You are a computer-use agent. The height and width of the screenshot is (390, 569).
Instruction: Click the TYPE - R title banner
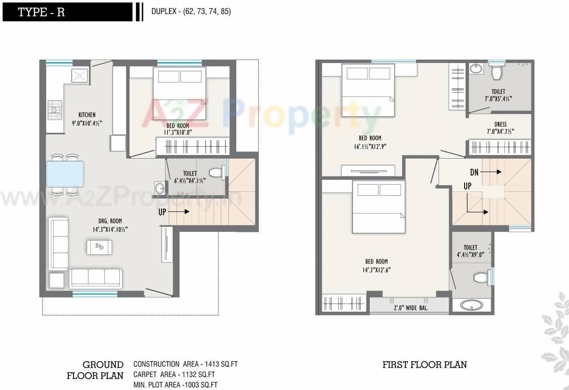coord(67,12)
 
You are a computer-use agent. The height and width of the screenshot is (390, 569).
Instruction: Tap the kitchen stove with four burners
coord(55,110)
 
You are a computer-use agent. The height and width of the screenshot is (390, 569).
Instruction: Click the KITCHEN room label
coord(87,115)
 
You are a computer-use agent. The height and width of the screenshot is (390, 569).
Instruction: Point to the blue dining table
coord(65,174)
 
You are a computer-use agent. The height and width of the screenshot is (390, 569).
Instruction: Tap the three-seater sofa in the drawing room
coord(95,278)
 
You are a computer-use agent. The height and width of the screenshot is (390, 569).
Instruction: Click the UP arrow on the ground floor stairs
coord(173,211)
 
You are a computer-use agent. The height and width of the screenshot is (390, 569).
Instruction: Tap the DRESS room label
coord(500,125)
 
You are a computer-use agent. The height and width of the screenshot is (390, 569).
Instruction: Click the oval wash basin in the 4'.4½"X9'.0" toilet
coord(471,305)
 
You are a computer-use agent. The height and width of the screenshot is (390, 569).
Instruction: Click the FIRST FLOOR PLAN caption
coord(424,365)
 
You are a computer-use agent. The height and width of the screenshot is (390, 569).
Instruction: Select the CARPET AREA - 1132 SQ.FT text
coord(174,375)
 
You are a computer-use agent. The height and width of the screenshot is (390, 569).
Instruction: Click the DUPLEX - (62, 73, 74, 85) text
coord(191,12)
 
